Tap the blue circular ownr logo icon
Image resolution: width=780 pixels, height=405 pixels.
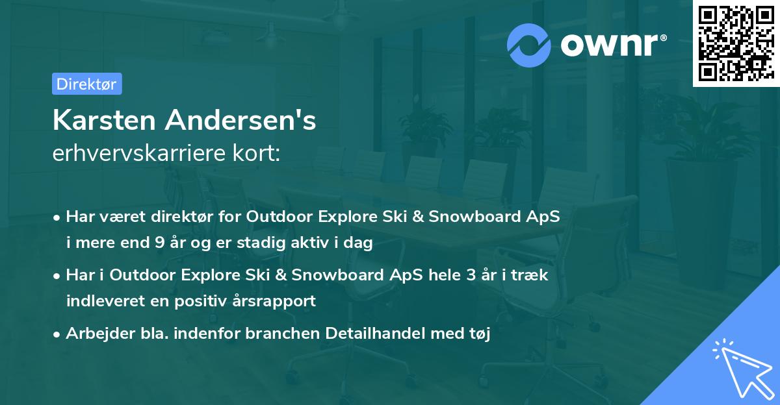[529, 45]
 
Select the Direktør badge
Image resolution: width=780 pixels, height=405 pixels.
[86, 84]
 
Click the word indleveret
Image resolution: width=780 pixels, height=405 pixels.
[99, 301]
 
